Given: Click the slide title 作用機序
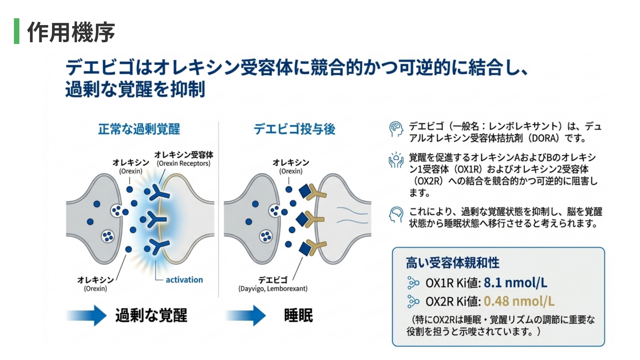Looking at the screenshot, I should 71,32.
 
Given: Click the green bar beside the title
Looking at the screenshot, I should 17,31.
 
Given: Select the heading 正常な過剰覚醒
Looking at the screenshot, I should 139,129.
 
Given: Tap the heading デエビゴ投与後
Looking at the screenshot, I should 294,129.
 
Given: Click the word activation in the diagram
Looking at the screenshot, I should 184,280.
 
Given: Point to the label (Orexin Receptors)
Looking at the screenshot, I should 184,163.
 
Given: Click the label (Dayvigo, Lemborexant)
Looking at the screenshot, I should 273,289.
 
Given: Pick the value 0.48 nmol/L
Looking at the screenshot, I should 519,301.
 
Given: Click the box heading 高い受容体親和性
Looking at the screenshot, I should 453,263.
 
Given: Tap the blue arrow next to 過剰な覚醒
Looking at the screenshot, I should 87,315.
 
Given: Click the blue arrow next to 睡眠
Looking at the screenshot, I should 246,315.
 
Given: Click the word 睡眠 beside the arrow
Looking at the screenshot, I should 298,315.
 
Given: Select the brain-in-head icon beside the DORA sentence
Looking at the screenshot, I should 396,129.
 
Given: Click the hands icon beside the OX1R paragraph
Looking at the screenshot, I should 396,160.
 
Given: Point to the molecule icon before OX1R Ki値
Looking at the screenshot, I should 413,283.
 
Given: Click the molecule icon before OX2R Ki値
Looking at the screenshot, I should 413,302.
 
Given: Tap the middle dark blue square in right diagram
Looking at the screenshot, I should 302,219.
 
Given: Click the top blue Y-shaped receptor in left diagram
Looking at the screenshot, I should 159,193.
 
